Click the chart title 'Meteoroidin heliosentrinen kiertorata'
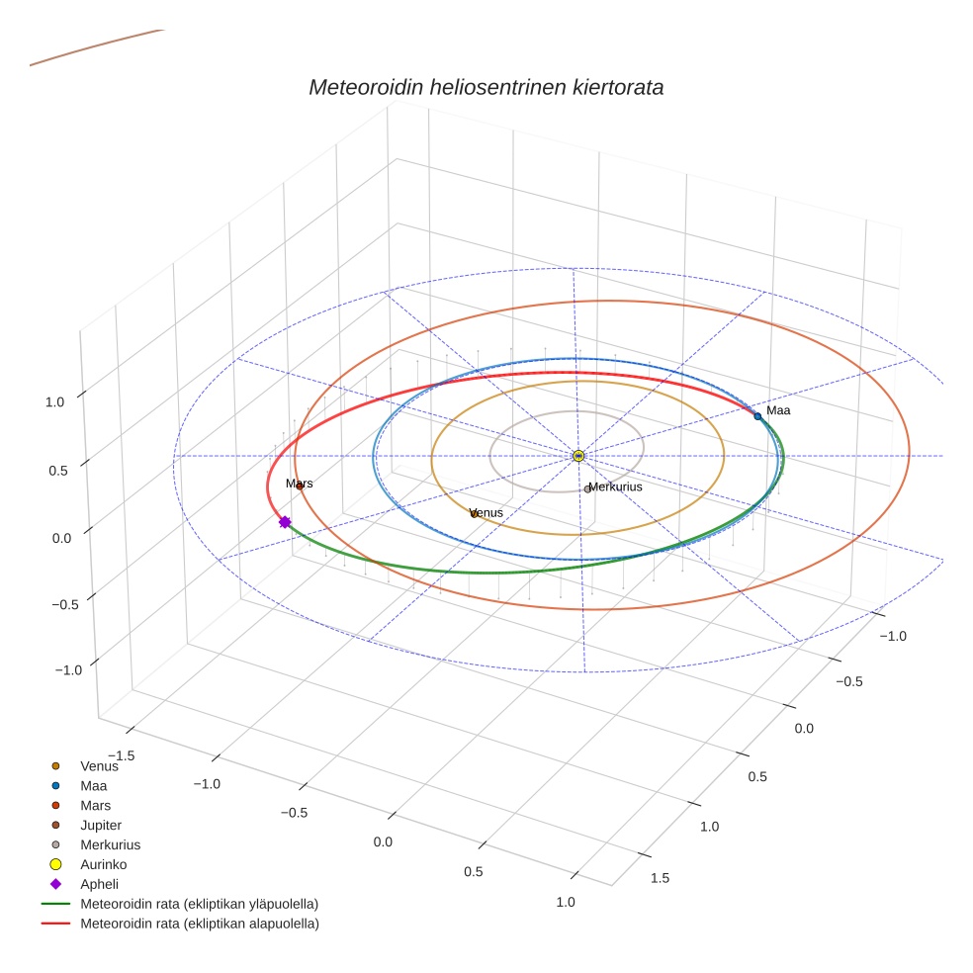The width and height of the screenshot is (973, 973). coord(486,87)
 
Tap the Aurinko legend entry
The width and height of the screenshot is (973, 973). coord(103,864)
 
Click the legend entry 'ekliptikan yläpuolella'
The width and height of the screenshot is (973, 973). coord(199,904)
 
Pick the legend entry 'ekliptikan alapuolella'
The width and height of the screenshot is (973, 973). coord(199,924)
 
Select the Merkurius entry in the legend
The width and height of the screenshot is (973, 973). coord(110,844)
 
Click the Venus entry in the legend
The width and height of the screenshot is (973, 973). coord(99,765)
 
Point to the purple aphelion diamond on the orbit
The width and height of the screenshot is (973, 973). coord(285,522)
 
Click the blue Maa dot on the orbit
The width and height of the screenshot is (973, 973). coord(758,416)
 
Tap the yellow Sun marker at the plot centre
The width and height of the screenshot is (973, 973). coord(578,456)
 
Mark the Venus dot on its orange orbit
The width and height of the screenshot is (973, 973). coord(474,513)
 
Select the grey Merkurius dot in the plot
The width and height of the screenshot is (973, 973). coord(587,489)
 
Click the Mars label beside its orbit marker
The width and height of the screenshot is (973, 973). coord(300,484)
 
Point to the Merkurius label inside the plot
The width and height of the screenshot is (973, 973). coord(616,487)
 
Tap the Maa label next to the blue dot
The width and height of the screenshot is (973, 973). coord(778,410)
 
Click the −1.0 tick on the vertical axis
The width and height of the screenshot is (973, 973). coord(67,670)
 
